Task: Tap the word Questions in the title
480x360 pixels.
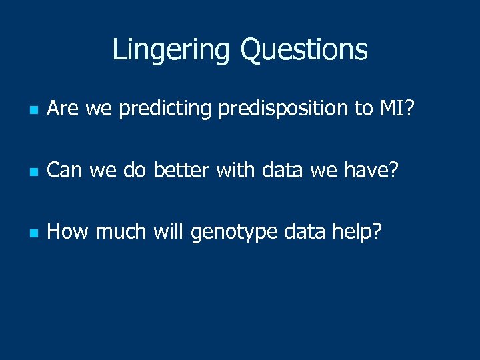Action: pos(304,49)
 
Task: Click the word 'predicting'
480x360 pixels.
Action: pos(165,109)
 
